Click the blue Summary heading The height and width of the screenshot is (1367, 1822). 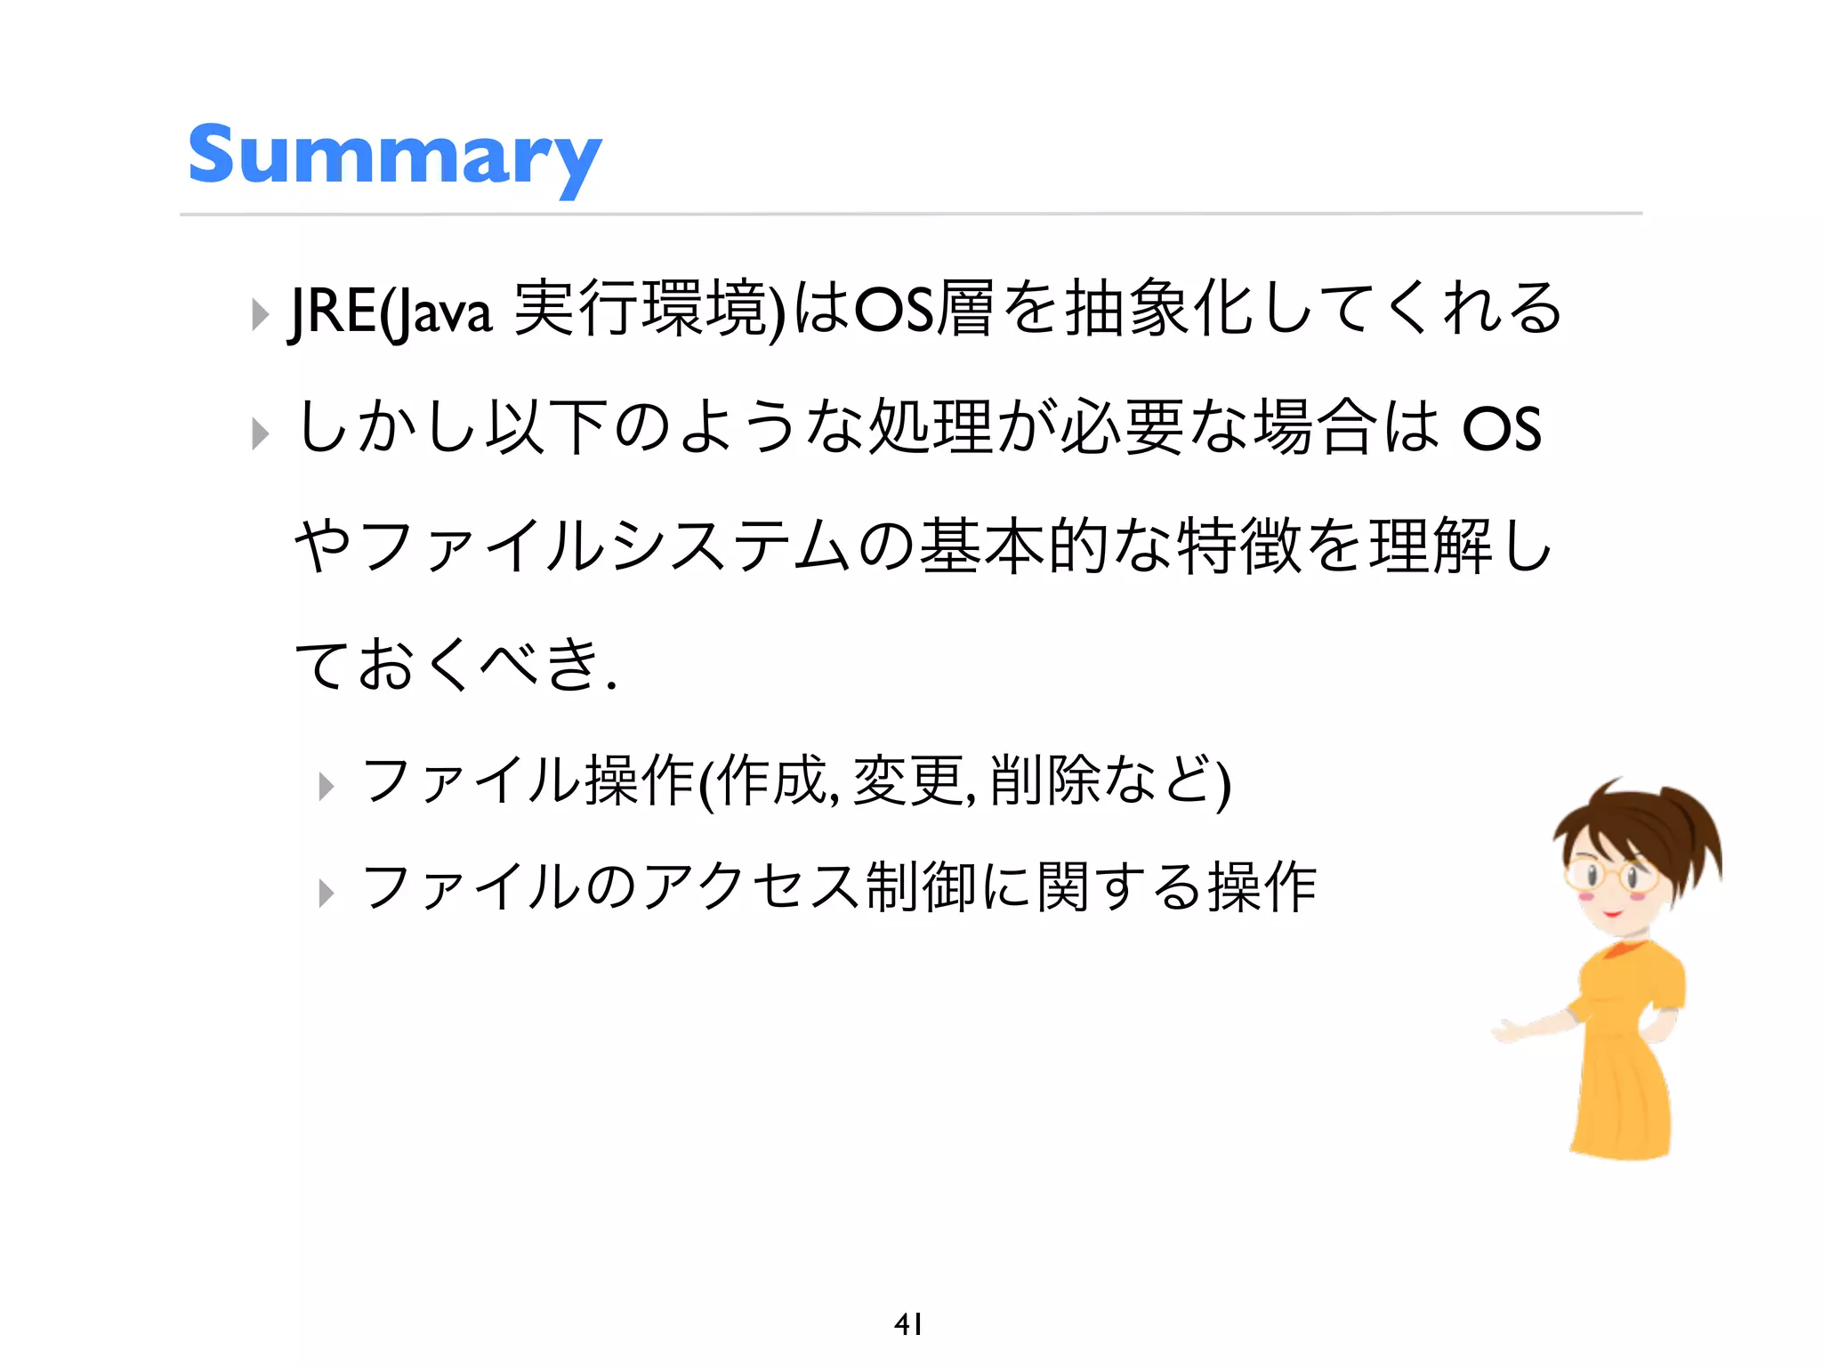coord(394,157)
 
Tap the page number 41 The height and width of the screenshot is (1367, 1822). coord(907,1324)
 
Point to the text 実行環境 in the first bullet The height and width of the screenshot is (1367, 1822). coord(639,309)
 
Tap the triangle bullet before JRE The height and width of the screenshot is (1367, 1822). coord(260,314)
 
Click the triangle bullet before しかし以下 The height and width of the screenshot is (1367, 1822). coord(260,434)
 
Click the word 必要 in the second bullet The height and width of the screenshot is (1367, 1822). coord(1123,429)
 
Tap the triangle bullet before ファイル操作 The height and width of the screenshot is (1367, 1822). coord(327,787)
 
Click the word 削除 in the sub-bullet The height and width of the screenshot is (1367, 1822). coord(1045,781)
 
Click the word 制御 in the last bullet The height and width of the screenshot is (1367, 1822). coord(921,887)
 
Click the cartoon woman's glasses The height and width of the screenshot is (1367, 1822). coord(1612,874)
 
